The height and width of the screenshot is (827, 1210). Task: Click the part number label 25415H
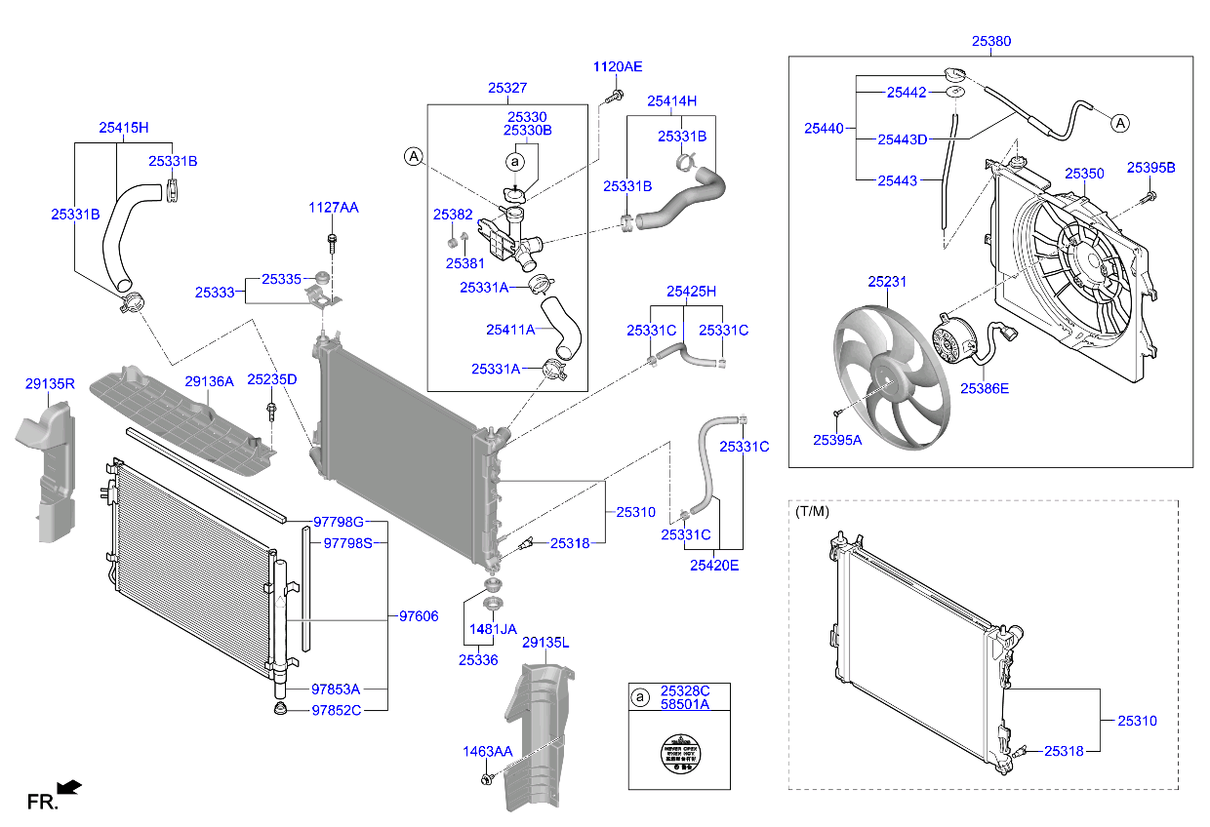click(123, 127)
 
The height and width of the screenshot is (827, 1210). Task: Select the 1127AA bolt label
click(334, 208)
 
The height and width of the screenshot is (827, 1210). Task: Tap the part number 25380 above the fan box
click(990, 42)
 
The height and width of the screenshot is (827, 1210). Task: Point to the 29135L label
click(545, 643)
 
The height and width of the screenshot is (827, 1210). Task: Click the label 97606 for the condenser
click(419, 615)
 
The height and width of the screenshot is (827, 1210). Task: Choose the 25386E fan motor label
click(984, 388)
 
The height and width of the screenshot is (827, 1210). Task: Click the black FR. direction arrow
click(69, 786)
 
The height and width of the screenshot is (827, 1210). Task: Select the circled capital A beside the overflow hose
click(1120, 123)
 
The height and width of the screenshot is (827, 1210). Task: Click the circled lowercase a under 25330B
click(516, 161)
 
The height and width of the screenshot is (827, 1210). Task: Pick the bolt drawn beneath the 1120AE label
click(616, 96)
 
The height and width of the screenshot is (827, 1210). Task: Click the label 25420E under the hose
click(713, 564)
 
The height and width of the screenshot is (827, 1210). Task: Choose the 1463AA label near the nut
click(487, 752)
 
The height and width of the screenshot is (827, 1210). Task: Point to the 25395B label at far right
click(1150, 168)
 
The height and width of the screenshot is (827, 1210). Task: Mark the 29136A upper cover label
click(210, 382)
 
